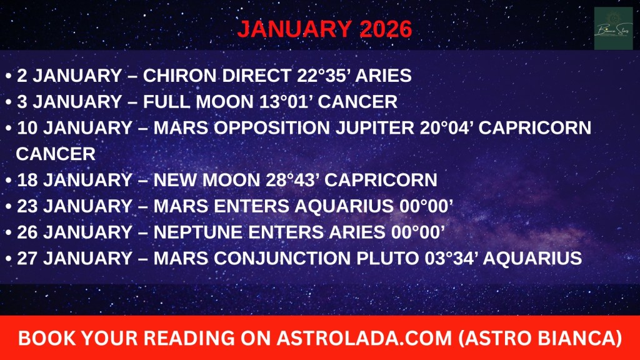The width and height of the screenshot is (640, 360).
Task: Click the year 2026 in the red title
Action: pos(386,29)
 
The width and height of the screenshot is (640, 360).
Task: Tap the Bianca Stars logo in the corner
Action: pos(613,28)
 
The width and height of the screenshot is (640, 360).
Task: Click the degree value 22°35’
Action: pos(323,76)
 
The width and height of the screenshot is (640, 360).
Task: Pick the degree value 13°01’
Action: pos(285,102)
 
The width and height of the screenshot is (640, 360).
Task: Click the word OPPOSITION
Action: pos(271,127)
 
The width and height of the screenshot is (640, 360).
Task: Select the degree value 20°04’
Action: pos(446,127)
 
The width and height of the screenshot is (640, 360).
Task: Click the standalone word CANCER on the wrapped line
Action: pos(56,154)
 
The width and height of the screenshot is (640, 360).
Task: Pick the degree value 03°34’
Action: pos(451,258)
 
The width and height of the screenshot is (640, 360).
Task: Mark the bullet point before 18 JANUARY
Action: pos(8,181)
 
